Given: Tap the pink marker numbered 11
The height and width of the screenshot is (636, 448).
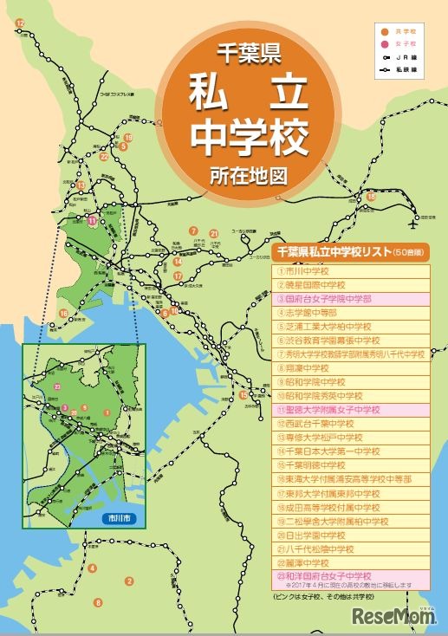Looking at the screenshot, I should (x=92, y=221).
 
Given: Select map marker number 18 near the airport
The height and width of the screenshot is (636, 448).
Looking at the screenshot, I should (x=372, y=198).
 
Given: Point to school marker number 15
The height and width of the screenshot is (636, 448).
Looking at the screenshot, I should (x=243, y=395).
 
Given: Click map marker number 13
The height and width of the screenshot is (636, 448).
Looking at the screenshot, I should (x=81, y=185).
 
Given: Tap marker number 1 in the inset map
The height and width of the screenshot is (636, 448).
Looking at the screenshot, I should (x=106, y=413).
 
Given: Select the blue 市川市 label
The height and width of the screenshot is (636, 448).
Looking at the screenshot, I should (x=113, y=517).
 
